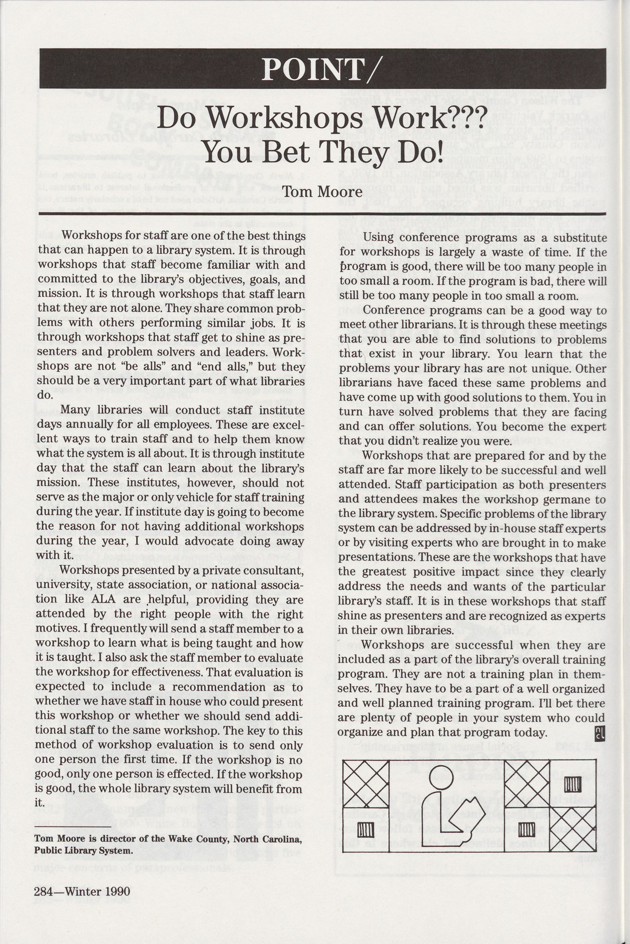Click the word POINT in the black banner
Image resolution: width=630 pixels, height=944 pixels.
click(312, 69)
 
